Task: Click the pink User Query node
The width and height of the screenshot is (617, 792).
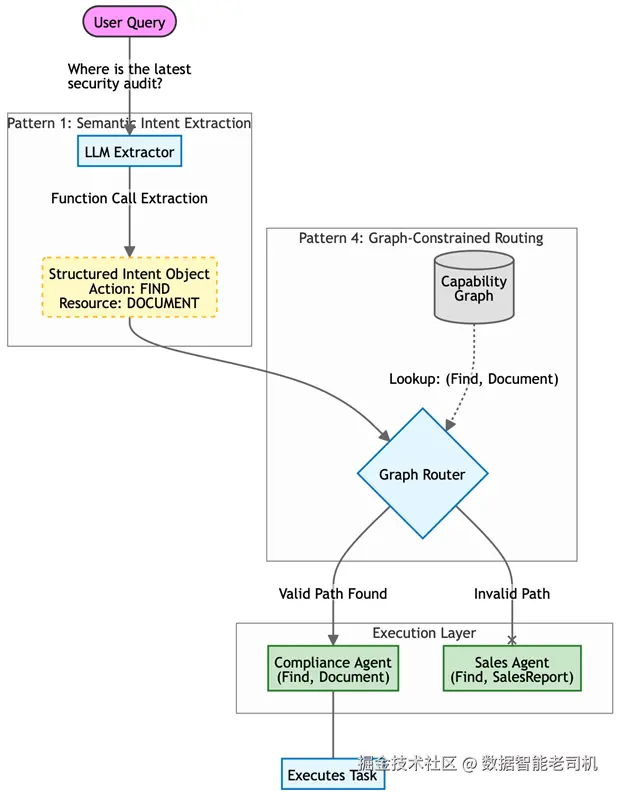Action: click(x=129, y=22)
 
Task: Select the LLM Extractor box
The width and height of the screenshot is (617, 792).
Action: click(x=129, y=152)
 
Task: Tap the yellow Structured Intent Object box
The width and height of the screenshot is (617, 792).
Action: click(x=129, y=288)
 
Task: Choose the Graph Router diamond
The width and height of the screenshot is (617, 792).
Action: click(x=422, y=474)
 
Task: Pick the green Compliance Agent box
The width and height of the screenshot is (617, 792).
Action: click(x=333, y=669)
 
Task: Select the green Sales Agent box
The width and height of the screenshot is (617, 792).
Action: click(x=512, y=669)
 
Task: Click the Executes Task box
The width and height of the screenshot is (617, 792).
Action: click(x=333, y=775)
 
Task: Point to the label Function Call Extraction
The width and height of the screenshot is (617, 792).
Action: click(x=129, y=198)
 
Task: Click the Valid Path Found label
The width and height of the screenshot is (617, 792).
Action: click(x=333, y=593)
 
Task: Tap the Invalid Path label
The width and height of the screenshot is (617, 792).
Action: click(x=512, y=593)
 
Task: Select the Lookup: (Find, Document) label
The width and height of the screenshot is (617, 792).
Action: click(x=474, y=379)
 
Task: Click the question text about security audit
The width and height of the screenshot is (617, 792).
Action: click(x=129, y=76)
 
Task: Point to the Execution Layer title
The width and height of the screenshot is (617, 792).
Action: click(x=424, y=633)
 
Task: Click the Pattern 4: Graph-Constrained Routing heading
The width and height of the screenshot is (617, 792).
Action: click(x=421, y=238)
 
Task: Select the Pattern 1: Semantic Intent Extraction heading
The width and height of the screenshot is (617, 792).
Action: click(x=129, y=123)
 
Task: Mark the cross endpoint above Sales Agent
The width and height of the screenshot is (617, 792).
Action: click(x=512, y=639)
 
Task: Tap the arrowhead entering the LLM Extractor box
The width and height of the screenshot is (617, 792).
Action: click(x=129, y=129)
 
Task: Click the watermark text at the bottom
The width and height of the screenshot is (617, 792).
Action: click(x=478, y=763)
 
